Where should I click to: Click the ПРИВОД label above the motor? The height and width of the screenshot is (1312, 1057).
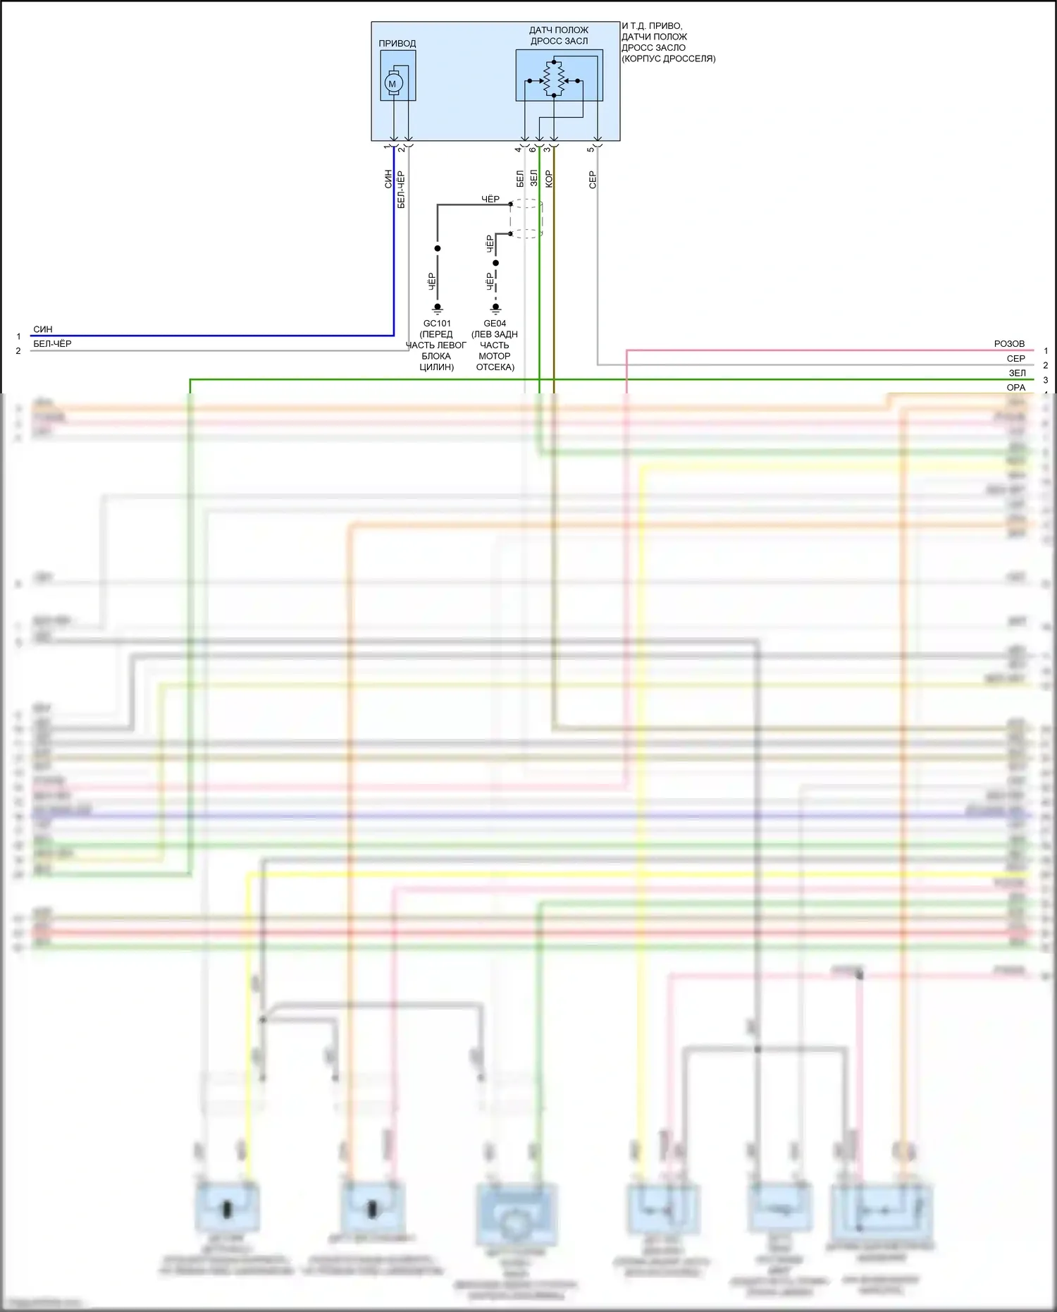point(397,44)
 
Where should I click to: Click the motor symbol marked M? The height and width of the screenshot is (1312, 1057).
point(392,84)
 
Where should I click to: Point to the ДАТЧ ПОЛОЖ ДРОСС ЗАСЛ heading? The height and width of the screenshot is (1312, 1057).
point(559,35)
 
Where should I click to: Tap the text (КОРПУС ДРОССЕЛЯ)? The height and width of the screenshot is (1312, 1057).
point(668,59)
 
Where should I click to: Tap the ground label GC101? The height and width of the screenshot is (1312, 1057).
point(437,324)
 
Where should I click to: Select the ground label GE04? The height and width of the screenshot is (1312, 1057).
point(495,324)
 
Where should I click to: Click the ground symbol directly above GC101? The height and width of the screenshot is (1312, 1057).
point(437,308)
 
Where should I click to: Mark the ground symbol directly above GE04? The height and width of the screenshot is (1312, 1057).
point(495,308)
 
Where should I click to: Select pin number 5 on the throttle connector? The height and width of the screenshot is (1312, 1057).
point(591,149)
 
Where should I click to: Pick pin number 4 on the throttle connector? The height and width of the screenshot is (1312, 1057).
point(518,149)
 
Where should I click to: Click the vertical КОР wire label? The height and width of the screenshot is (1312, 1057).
point(549,179)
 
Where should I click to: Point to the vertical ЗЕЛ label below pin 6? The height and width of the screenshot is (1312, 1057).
point(534,178)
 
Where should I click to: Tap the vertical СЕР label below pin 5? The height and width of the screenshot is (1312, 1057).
point(593,180)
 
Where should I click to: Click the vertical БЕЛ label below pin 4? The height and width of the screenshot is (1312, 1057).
point(520,178)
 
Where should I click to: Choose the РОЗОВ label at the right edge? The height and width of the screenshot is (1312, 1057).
point(1009,344)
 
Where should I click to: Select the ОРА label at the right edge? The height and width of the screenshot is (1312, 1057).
point(1015,388)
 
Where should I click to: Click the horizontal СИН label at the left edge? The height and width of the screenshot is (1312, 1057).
point(43,329)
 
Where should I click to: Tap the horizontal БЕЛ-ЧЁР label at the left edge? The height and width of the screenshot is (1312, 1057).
point(52,344)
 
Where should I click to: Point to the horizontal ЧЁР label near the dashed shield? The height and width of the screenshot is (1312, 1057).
point(490,200)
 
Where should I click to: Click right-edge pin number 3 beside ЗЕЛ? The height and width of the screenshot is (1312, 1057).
point(1046,380)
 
